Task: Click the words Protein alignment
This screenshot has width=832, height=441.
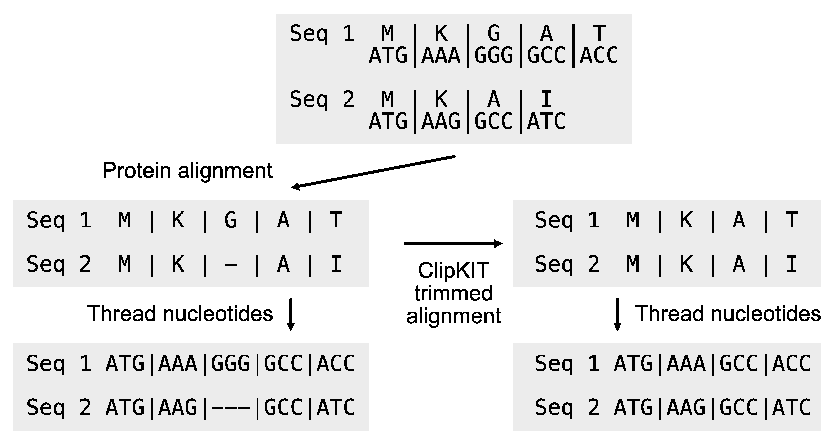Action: tap(187, 171)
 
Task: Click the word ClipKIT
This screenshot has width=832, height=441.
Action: tap(453, 270)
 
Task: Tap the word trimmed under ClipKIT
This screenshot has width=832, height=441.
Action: tap(453, 293)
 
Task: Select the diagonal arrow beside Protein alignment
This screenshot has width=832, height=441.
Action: tap(373, 172)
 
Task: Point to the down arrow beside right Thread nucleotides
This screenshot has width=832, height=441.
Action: tap(617, 314)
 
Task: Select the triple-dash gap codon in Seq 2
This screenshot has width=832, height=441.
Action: tap(231, 407)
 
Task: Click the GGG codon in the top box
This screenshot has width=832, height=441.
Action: tap(494, 55)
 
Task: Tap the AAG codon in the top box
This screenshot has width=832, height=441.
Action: tap(441, 121)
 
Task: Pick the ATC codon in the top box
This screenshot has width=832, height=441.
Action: tap(546, 121)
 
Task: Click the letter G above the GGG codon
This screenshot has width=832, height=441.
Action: tap(494, 33)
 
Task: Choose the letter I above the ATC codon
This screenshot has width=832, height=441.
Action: tap(546, 99)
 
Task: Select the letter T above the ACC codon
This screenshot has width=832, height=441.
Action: tap(599, 33)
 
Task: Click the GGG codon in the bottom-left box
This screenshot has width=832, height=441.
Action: tap(231, 363)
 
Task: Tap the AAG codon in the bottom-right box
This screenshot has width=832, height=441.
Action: tap(686, 407)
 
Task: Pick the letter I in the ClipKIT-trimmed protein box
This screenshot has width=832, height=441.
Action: tap(791, 264)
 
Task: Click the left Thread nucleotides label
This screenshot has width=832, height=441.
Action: tap(180, 314)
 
